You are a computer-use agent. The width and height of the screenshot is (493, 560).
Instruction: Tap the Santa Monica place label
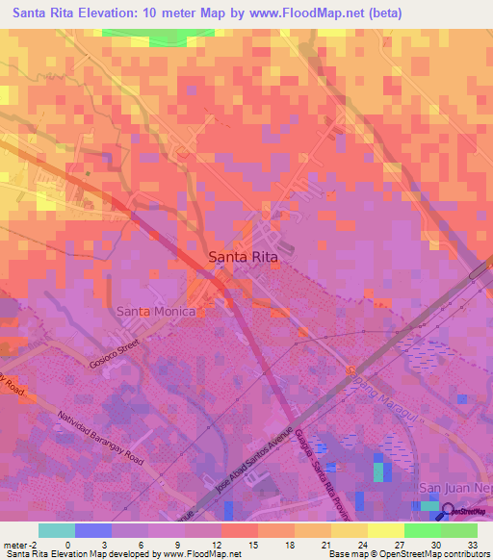pos(156,312)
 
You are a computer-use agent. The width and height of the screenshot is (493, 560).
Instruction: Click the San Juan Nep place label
pos(454,489)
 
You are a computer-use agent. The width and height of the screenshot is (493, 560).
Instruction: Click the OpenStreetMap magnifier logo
pos(448,511)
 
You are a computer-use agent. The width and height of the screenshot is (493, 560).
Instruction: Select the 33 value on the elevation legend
pos(472,544)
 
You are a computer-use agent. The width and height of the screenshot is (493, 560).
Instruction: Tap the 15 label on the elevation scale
pos(252,544)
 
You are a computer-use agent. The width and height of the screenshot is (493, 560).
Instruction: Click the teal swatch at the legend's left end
pos(56,530)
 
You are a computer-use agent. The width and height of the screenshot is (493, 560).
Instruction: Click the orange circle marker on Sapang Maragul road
pos(352,369)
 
